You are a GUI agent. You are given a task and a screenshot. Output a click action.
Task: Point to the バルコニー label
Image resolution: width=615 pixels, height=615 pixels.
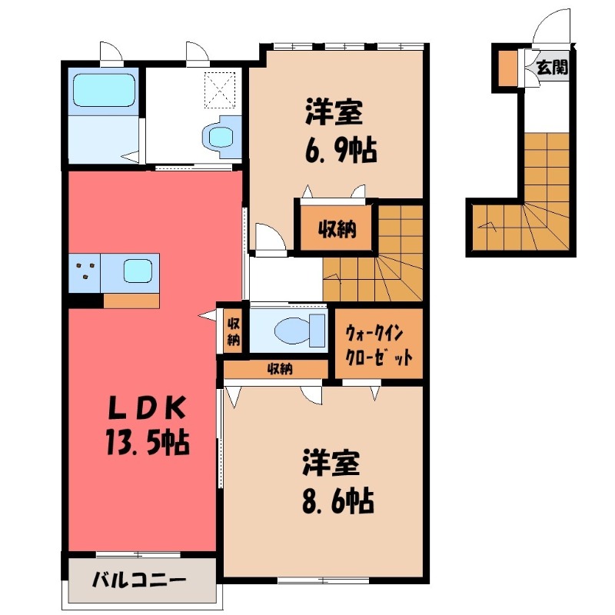(x=140, y=578)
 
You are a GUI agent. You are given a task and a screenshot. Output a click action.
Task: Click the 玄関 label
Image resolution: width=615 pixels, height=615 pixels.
(x=552, y=68)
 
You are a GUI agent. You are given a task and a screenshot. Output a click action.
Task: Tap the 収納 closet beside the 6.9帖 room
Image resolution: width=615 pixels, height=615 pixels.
(x=336, y=228)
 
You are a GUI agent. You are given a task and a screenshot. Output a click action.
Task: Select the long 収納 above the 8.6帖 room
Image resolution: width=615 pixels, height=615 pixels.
(x=279, y=369)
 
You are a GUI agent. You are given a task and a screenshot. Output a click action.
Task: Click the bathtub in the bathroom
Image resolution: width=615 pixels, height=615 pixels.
(x=103, y=91)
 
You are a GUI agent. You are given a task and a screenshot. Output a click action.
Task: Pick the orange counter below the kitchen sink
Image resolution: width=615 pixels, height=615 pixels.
(x=131, y=301)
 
